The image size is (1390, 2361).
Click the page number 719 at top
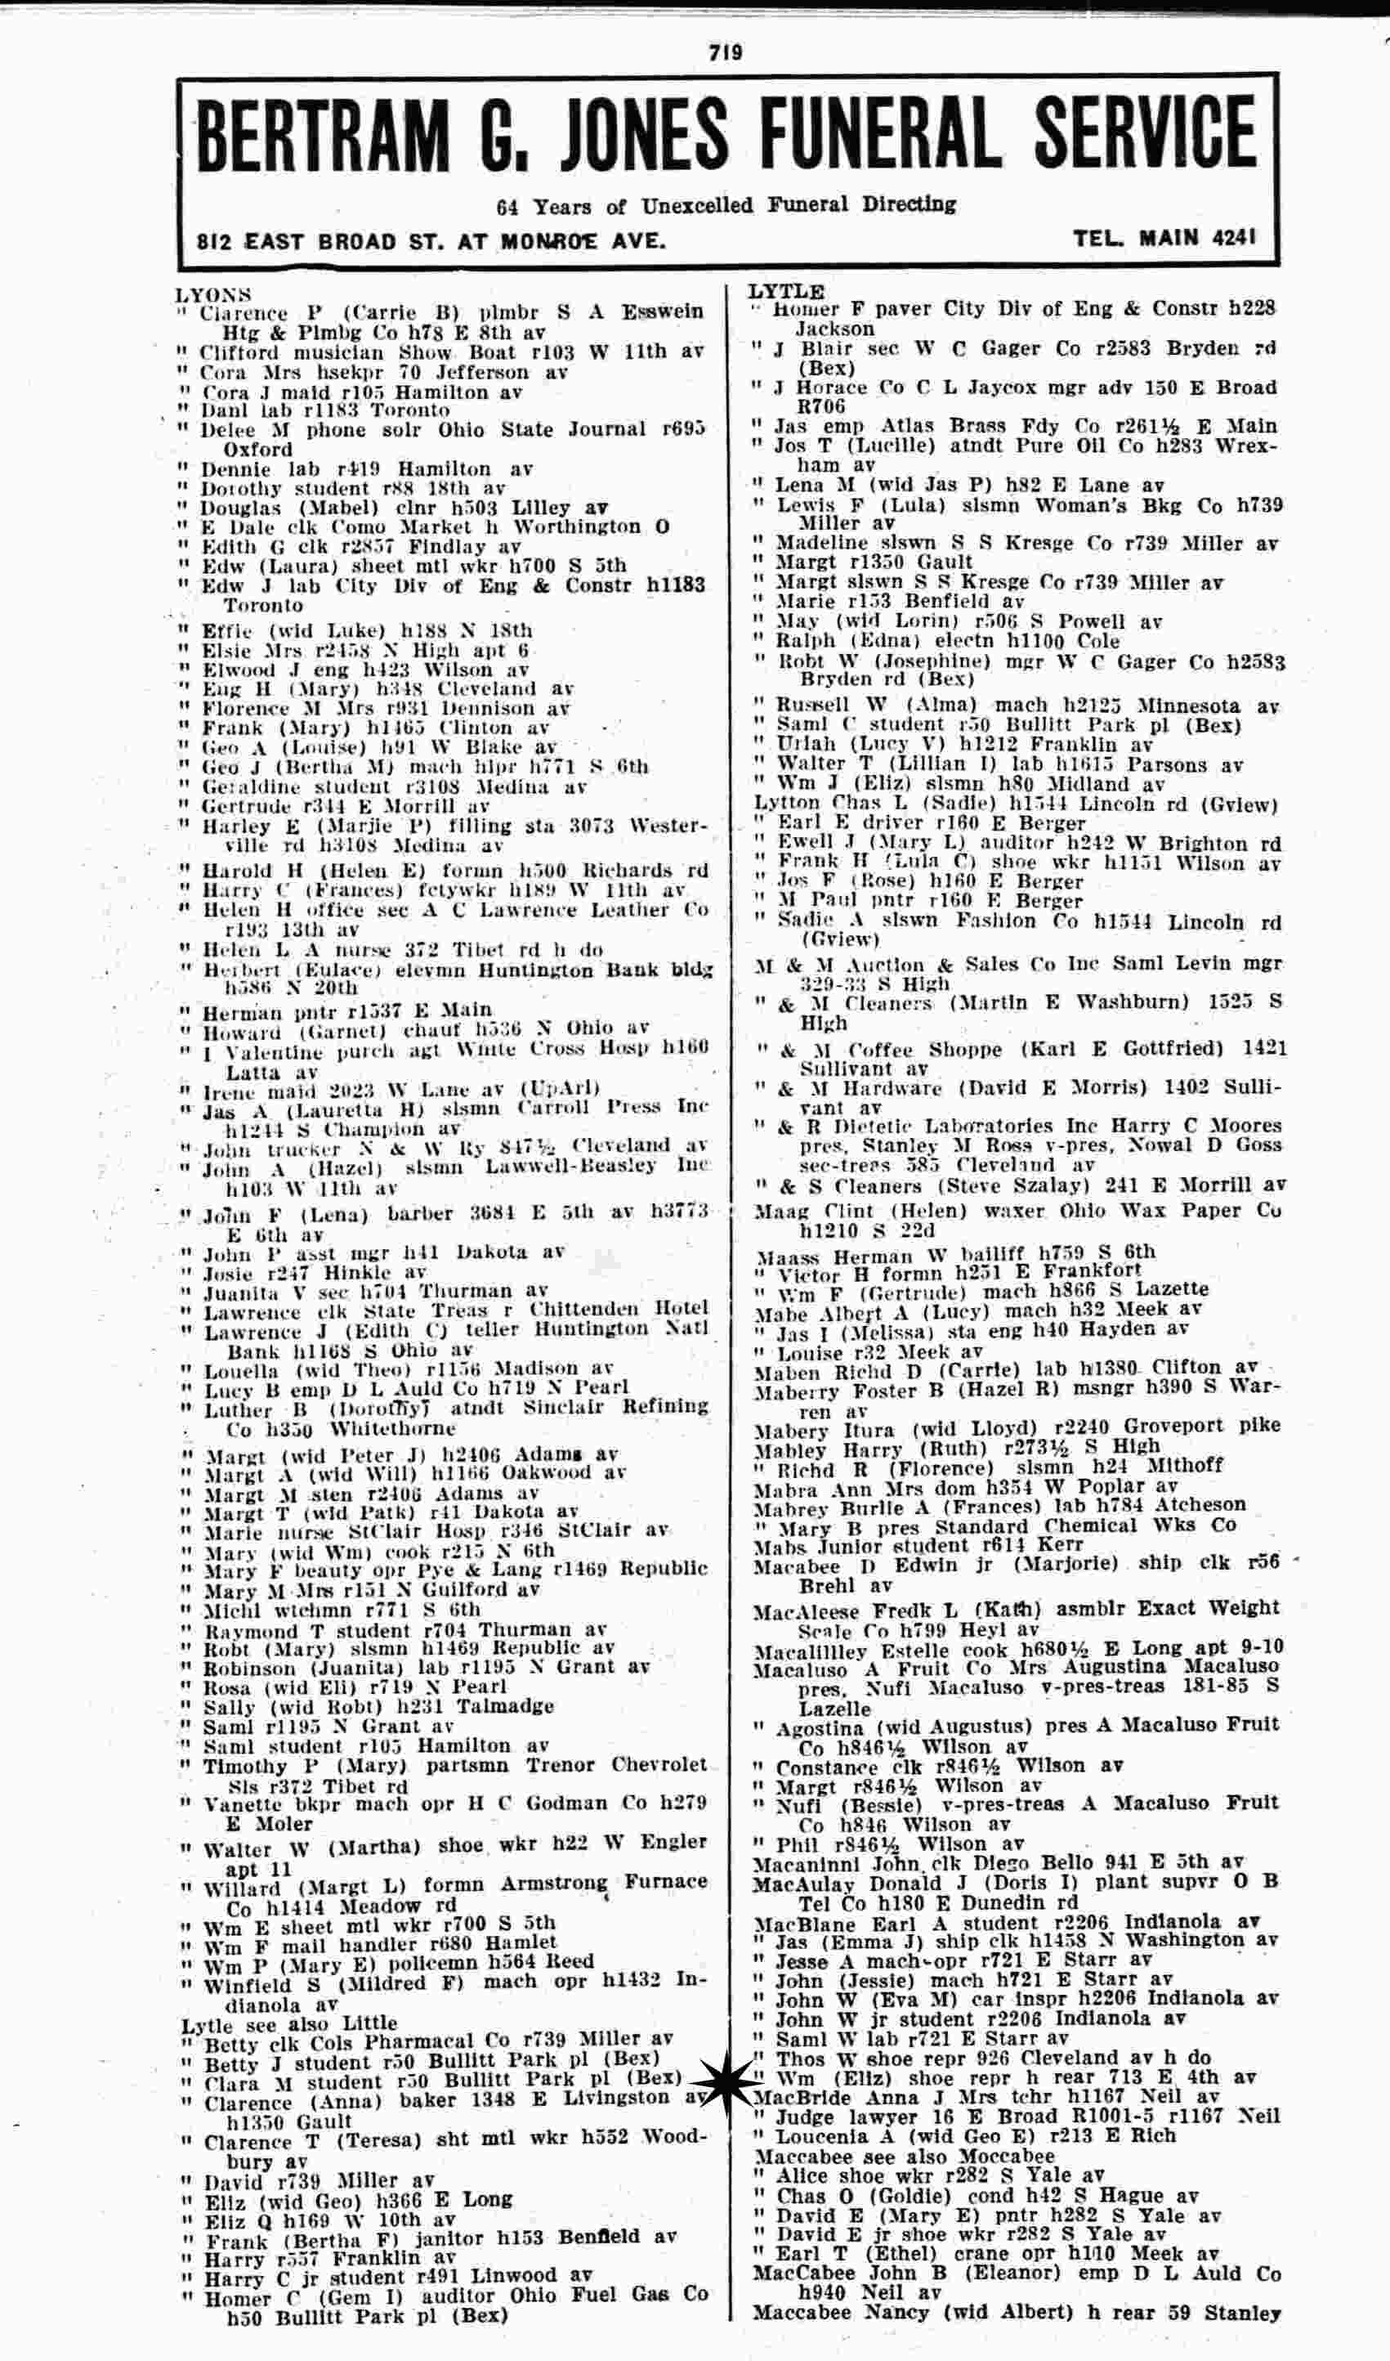point(725,53)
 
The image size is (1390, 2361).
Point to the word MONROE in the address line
point(549,242)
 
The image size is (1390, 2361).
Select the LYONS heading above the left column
point(213,295)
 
